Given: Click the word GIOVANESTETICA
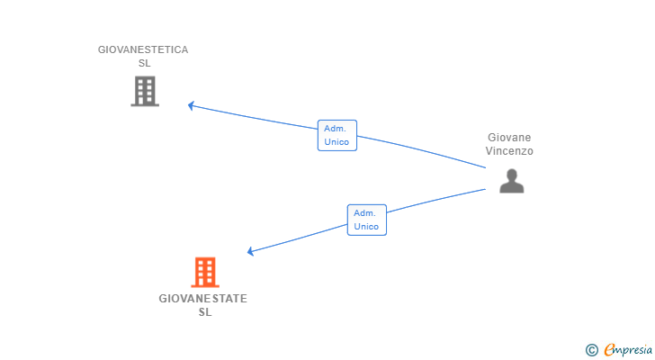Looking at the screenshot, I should [x=143, y=50].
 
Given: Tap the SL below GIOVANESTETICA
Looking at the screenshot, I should [x=144, y=64].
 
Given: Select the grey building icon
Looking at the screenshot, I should [x=145, y=91].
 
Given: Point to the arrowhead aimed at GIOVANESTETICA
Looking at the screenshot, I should [x=191, y=105].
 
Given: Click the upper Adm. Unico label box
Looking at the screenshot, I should [x=337, y=135].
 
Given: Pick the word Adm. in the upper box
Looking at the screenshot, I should [x=335, y=129].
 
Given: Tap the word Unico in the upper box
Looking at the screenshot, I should [x=337, y=142].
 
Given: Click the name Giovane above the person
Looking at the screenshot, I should [x=509, y=138].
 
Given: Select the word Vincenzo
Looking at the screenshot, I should [x=509, y=151].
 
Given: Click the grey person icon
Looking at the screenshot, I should [x=511, y=182].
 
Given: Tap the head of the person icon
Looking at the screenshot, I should [x=511, y=175].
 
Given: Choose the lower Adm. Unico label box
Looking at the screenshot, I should [x=366, y=220].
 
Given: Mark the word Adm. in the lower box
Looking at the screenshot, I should [x=364, y=213].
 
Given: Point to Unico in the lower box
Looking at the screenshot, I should [x=366, y=227].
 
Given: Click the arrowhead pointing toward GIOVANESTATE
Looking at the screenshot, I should [x=251, y=251].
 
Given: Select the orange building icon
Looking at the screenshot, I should [x=205, y=272].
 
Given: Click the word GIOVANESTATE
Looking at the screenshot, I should [x=203, y=299].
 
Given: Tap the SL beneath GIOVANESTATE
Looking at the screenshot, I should [x=204, y=312].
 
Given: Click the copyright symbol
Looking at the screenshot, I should [x=591, y=350].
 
